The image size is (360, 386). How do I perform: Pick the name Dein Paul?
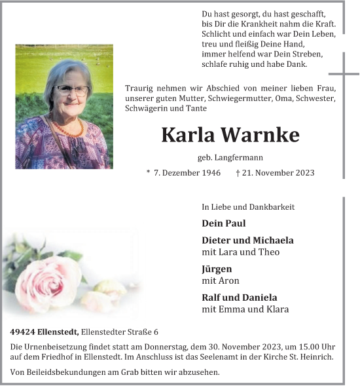pos(224,223)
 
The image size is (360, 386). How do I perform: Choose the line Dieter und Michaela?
pos(247,241)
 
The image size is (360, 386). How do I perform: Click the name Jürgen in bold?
pos(217,269)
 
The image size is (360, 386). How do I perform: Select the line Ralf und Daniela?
pos(240,298)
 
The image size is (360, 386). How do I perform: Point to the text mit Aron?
pos(221,280)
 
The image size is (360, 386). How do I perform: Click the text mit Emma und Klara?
pos(245,309)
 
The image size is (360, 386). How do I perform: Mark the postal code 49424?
pos(24,332)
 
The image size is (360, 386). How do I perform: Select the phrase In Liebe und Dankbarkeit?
pos(248,207)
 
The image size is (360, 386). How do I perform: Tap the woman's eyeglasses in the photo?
pos(72,90)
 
